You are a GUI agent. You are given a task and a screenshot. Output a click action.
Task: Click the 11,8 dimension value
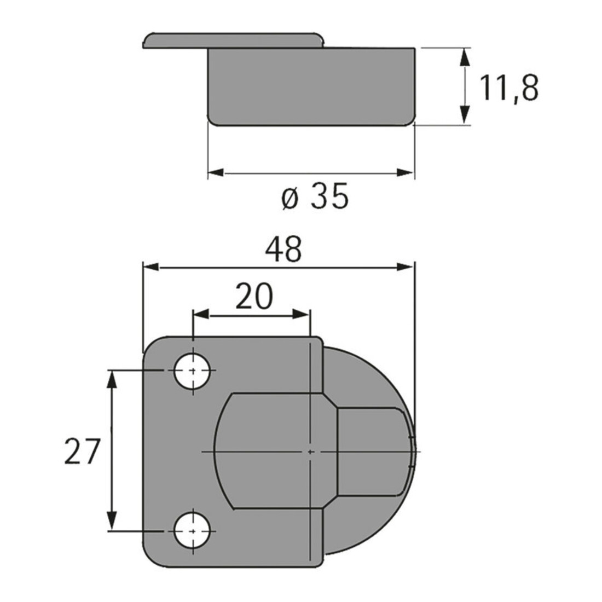(x=509, y=88)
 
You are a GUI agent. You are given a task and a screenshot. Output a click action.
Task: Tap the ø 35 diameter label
(x=315, y=196)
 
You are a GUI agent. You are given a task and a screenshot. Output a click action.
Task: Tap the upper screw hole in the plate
(x=192, y=371)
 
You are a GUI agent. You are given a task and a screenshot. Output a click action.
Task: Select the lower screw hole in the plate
(x=192, y=531)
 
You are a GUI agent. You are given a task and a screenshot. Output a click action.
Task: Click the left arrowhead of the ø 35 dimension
(x=216, y=173)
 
